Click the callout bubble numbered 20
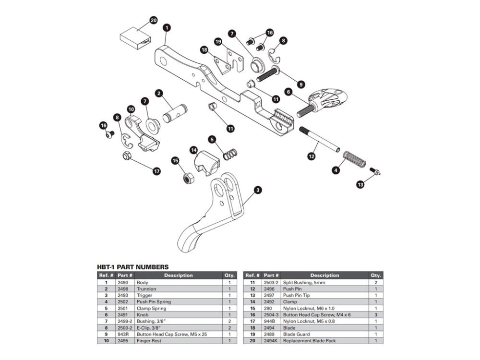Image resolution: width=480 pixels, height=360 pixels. tap(153, 21)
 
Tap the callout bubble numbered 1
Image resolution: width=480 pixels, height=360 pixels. tap(166, 28)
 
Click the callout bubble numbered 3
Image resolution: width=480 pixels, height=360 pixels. tap(258, 191)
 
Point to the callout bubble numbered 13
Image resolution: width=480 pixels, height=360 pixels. tap(360, 184)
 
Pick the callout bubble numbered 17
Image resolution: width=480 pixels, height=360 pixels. tap(156, 170)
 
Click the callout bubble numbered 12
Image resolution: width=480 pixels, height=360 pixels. tap(312, 156)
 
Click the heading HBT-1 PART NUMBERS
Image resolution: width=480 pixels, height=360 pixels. tap(132, 267)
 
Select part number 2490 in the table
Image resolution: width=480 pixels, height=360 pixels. tap(124, 283)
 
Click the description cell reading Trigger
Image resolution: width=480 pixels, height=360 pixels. tap(144, 296)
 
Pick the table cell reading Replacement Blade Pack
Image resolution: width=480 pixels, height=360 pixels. tap(309, 341)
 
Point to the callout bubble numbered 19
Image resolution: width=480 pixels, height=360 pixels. tap(218, 42)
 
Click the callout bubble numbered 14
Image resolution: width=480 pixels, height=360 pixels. tap(194, 150)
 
